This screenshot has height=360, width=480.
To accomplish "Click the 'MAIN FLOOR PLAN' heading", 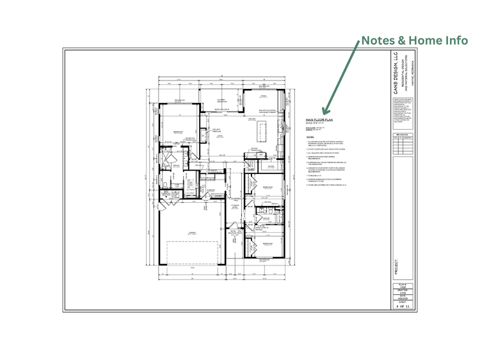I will [320, 120].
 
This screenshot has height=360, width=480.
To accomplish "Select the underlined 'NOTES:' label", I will [310, 136].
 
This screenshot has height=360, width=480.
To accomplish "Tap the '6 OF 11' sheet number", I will [403, 307].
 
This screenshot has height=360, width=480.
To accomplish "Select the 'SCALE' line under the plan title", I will [318, 123].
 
